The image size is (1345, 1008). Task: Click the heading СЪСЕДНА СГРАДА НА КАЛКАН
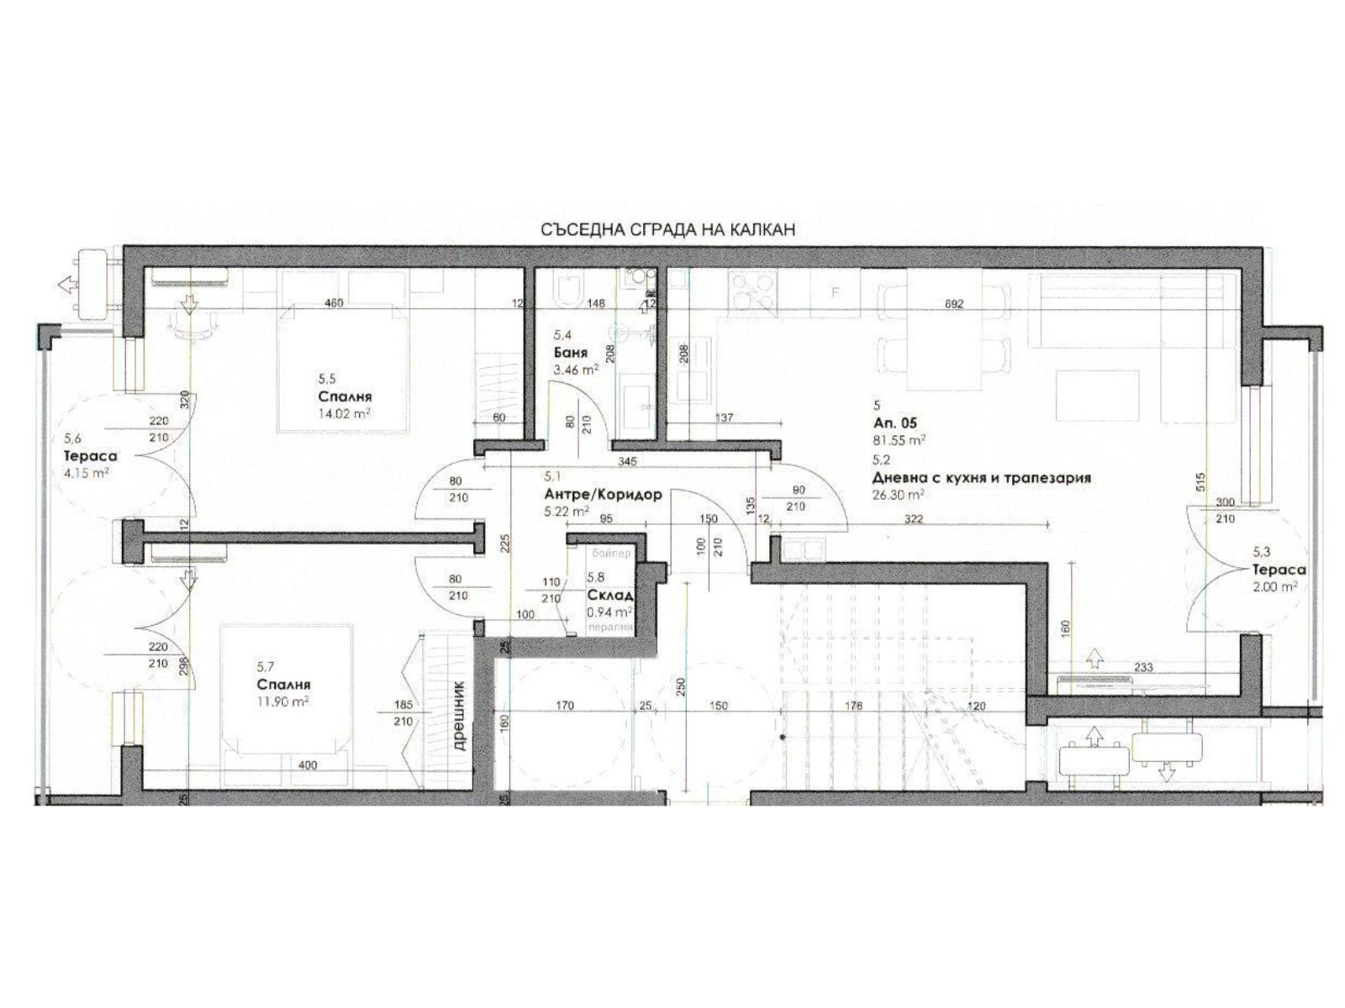[x=667, y=229]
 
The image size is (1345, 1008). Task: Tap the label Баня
[x=571, y=353]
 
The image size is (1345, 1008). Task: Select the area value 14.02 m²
[x=345, y=413]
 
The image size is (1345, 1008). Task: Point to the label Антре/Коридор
[x=603, y=495]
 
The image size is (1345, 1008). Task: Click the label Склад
[x=610, y=596]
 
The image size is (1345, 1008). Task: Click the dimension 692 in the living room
[x=953, y=304]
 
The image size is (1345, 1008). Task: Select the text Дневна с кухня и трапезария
[x=982, y=478]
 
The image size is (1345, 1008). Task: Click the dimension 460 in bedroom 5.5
[x=334, y=303]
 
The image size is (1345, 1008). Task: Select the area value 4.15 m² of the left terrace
[x=86, y=472]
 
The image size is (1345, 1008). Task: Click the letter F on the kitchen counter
[x=835, y=293]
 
